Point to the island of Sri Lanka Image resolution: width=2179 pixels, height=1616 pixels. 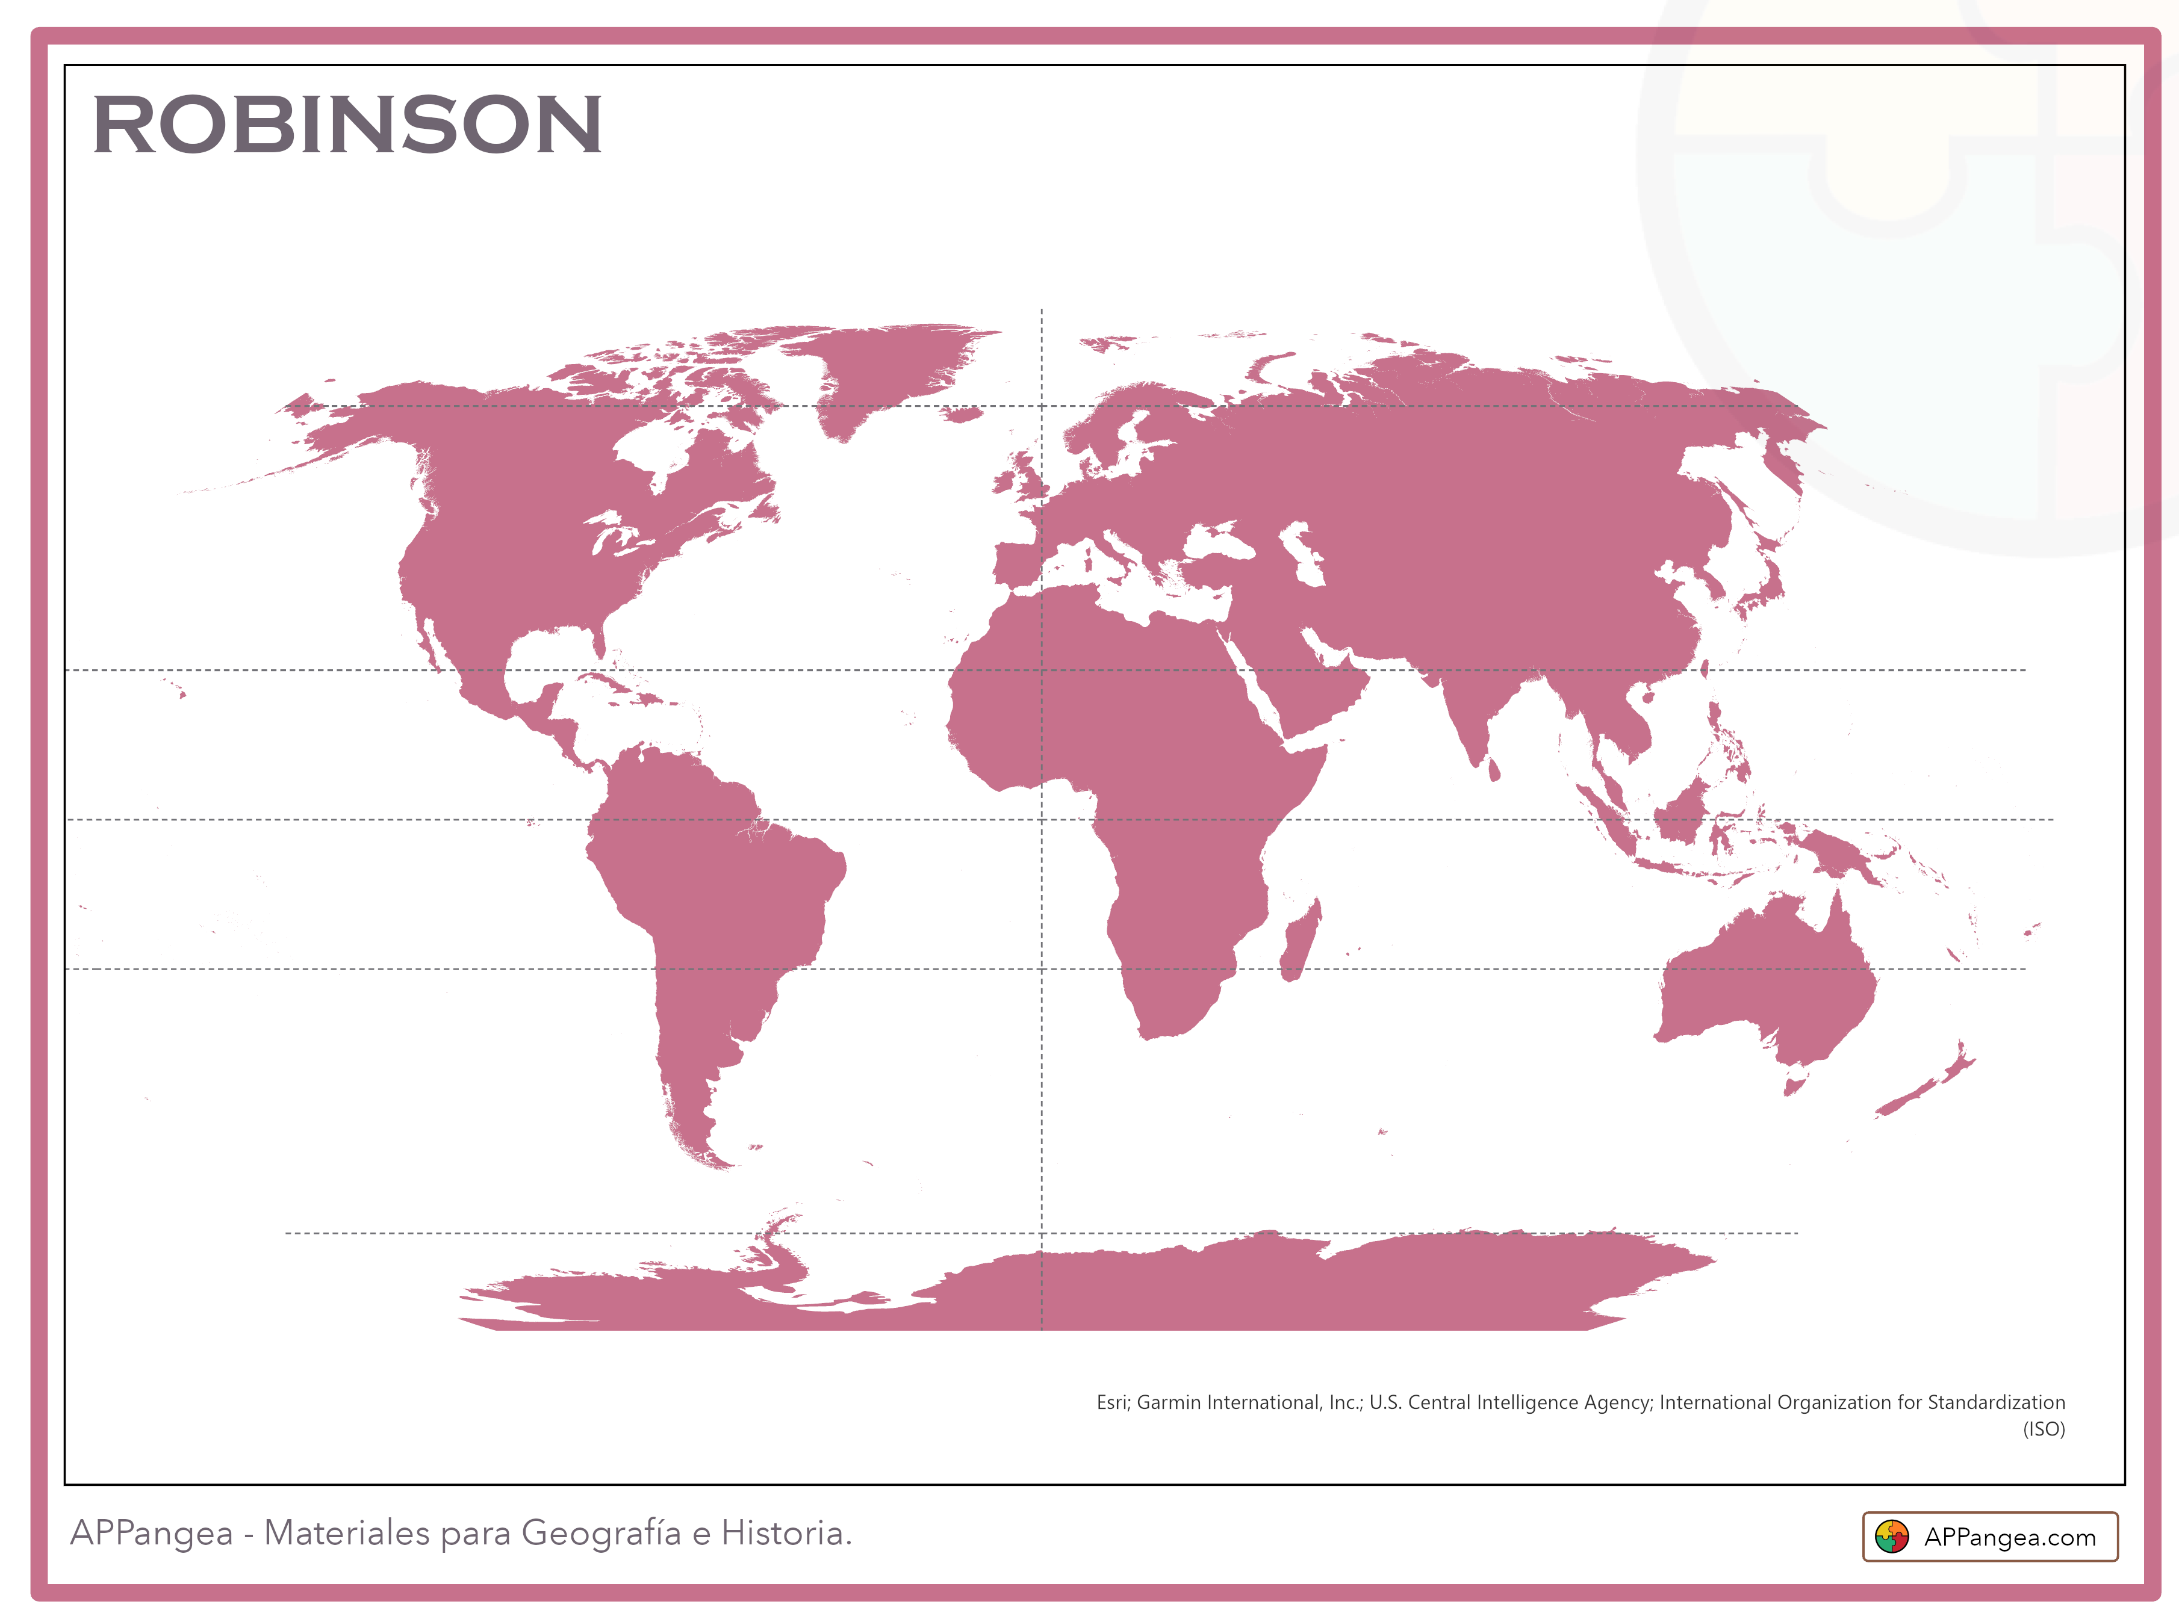[1493, 771]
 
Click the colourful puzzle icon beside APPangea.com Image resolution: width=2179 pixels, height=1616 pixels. [1891, 1537]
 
